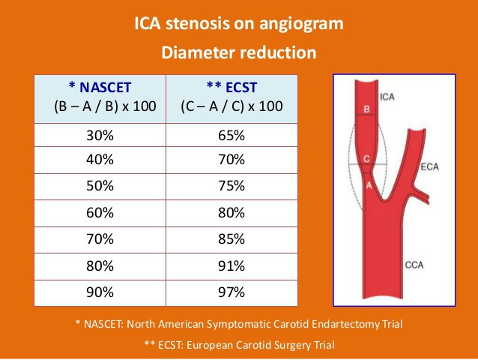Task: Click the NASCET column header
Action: tap(100, 99)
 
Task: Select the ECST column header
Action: tap(232, 99)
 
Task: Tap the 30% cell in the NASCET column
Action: tap(100, 135)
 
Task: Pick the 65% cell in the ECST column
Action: tap(232, 135)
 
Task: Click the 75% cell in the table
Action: tap(232, 187)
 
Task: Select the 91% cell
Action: tap(232, 266)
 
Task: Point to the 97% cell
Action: tap(232, 293)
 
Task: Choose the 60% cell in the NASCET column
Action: tap(100, 213)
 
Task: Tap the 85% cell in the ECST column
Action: tap(232, 240)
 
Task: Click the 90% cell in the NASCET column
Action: tap(100, 293)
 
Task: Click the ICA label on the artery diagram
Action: tap(387, 97)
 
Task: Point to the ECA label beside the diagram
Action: tap(429, 167)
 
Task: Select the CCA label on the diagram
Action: tap(414, 265)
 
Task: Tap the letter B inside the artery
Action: tap(366, 109)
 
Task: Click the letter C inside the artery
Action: tap(366, 159)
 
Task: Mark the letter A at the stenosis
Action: tap(369, 185)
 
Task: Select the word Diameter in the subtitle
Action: tap(199, 52)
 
